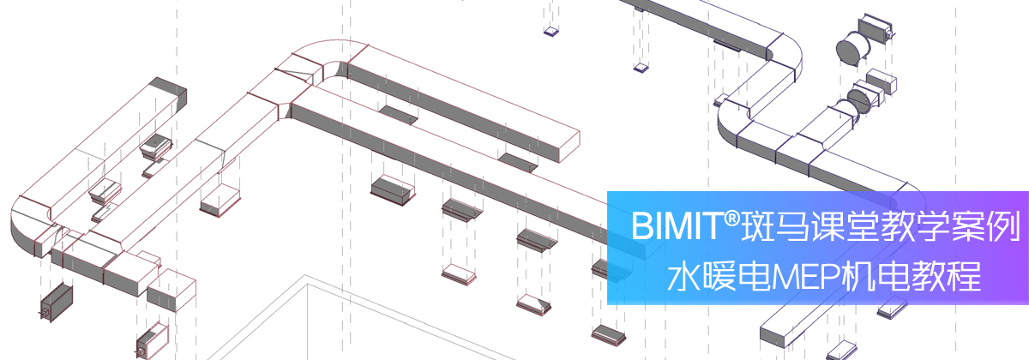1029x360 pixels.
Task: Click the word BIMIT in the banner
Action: (x=677, y=226)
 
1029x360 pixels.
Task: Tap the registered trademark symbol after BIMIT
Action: (x=731, y=219)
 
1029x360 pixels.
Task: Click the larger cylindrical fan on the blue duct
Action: (x=852, y=47)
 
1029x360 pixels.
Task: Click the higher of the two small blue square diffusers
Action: (x=551, y=31)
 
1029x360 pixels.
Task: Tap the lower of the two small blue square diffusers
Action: (x=641, y=68)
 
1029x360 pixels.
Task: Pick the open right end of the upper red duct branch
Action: (x=569, y=146)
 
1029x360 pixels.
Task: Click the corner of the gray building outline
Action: (x=305, y=276)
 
